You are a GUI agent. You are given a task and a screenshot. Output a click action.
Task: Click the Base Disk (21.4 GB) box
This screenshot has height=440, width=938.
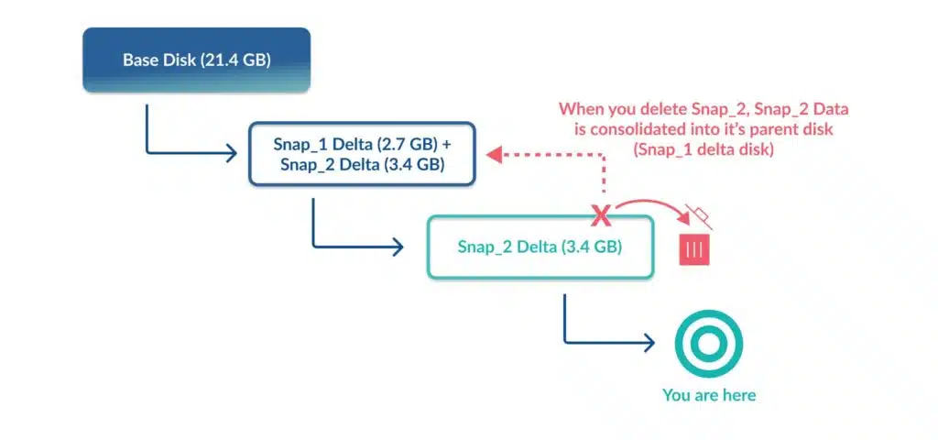click(x=196, y=60)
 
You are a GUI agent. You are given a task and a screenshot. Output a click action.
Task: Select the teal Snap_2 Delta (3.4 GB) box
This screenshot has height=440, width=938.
click(x=540, y=247)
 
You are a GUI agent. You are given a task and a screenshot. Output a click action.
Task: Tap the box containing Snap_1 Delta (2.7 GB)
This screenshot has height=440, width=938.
click(x=362, y=154)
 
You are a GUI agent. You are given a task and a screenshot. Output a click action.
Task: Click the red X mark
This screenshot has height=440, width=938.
click(x=601, y=215)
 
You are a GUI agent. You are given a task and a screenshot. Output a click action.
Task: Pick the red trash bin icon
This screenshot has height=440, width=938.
click(x=694, y=249)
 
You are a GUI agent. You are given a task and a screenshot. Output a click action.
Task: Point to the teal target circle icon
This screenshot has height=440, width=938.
click(x=709, y=344)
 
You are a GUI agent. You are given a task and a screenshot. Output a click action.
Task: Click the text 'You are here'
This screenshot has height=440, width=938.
click(x=709, y=395)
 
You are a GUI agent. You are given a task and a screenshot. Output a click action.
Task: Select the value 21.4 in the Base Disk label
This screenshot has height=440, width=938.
click(x=219, y=60)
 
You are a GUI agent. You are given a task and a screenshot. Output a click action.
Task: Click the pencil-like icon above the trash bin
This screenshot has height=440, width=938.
click(x=699, y=217)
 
